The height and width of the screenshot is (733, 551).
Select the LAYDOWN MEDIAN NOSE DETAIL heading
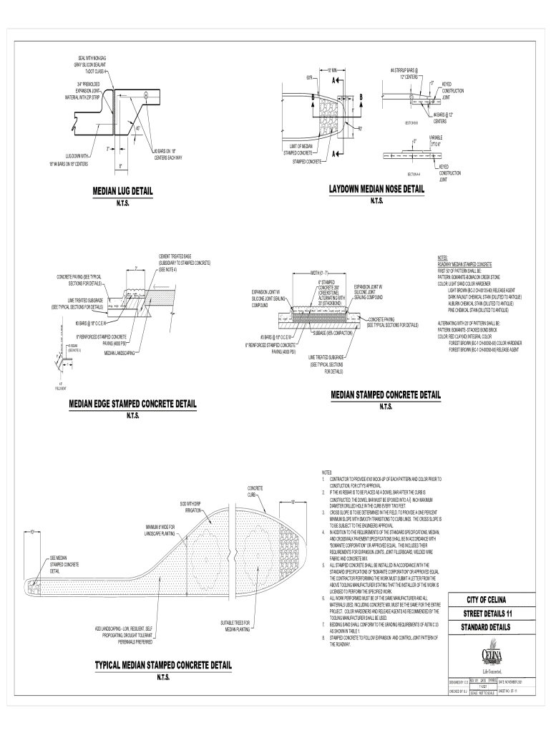tap(376, 189)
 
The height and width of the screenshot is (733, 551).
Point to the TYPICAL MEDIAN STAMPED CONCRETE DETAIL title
tap(163, 665)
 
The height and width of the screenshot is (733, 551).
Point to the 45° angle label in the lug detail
tap(137, 129)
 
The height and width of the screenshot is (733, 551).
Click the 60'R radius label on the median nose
tap(309, 76)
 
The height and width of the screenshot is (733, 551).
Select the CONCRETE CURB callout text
tap(256, 491)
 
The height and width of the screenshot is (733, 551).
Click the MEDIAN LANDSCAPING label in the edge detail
tap(120, 353)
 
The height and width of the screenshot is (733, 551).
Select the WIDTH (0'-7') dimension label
tap(319, 273)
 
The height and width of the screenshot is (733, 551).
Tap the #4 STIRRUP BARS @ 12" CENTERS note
tap(405, 73)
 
